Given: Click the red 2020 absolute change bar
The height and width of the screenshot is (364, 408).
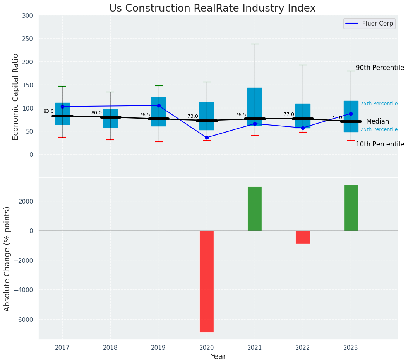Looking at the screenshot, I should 207,281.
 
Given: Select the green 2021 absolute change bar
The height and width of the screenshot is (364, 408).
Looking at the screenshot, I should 255,209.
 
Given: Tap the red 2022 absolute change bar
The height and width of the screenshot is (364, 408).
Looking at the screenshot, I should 303,237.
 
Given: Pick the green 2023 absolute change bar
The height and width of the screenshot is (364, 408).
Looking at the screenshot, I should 351,208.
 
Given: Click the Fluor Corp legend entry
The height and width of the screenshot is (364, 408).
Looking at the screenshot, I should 369,24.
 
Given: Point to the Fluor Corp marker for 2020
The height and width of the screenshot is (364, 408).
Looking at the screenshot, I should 207,138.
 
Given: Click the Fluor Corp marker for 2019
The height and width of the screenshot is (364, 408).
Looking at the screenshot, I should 159,105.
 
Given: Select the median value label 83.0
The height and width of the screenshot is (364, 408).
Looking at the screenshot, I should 48,111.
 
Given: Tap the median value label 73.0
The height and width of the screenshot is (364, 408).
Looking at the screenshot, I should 193,116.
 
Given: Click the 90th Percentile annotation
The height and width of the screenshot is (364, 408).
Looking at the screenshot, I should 380,68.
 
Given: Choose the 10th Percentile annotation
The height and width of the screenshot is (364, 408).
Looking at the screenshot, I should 380,144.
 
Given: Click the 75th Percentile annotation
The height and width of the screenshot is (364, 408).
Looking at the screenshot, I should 379,104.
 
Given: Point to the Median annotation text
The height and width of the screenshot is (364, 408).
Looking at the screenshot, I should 377,121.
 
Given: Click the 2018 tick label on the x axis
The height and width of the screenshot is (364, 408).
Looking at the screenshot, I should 110,348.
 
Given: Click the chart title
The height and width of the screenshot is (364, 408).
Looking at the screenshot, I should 212,8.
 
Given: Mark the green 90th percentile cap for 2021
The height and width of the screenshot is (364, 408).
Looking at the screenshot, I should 255,44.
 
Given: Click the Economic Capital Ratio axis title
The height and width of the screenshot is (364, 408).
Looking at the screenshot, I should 16,97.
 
